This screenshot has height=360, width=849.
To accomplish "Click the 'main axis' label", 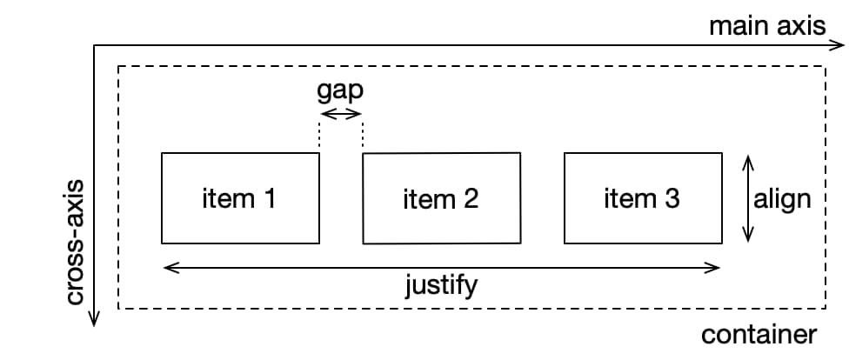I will (766, 25).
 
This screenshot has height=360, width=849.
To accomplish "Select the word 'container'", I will (759, 335).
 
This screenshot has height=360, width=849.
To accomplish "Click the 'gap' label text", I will (340, 91).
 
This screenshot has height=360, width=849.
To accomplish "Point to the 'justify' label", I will (441, 285).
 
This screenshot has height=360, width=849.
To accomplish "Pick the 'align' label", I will (782, 199).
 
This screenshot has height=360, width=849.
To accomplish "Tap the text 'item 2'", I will (440, 200).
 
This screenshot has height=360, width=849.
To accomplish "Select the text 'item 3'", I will (641, 199).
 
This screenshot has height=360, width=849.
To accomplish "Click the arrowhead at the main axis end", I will (839, 45).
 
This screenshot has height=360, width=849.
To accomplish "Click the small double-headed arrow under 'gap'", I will (340, 114).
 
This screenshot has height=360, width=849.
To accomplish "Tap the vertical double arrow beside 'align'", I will (746, 199).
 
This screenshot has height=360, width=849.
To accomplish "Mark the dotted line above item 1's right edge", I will (319, 136).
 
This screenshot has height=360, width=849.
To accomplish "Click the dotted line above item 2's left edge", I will (363, 136).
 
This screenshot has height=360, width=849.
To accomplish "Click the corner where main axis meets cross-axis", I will (94, 45).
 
